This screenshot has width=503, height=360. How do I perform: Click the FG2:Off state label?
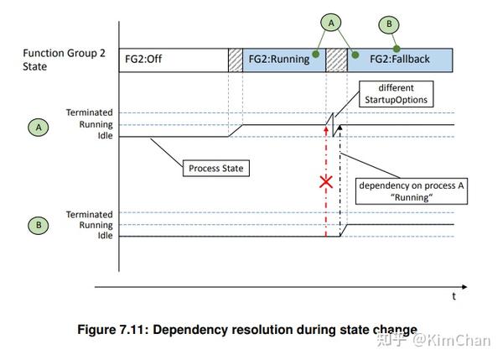[143, 59]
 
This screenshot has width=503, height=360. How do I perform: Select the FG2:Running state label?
[279, 60]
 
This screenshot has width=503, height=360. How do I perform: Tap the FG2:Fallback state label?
[400, 59]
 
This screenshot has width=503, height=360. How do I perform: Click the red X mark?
[326, 182]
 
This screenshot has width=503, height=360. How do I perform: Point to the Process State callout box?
[216, 169]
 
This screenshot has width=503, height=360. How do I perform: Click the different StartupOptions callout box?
[397, 94]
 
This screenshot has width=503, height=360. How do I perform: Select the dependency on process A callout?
[412, 191]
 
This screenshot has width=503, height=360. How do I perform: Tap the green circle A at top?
[331, 23]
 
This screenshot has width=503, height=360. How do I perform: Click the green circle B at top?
[389, 24]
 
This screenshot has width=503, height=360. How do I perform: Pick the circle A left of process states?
[39, 128]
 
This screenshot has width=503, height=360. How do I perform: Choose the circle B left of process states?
[39, 225]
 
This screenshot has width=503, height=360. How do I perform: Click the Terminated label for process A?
[89, 112]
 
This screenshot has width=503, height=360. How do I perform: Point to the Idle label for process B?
[106, 236]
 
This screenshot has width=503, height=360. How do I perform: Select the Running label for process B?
[96, 225]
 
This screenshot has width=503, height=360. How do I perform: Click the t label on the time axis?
[454, 296]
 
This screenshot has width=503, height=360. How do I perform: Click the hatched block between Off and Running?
[236, 60]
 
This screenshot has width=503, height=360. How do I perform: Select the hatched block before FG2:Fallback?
[336, 60]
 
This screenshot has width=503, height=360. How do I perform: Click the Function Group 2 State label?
[64, 60]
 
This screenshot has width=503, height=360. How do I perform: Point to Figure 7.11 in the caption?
[113, 330]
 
